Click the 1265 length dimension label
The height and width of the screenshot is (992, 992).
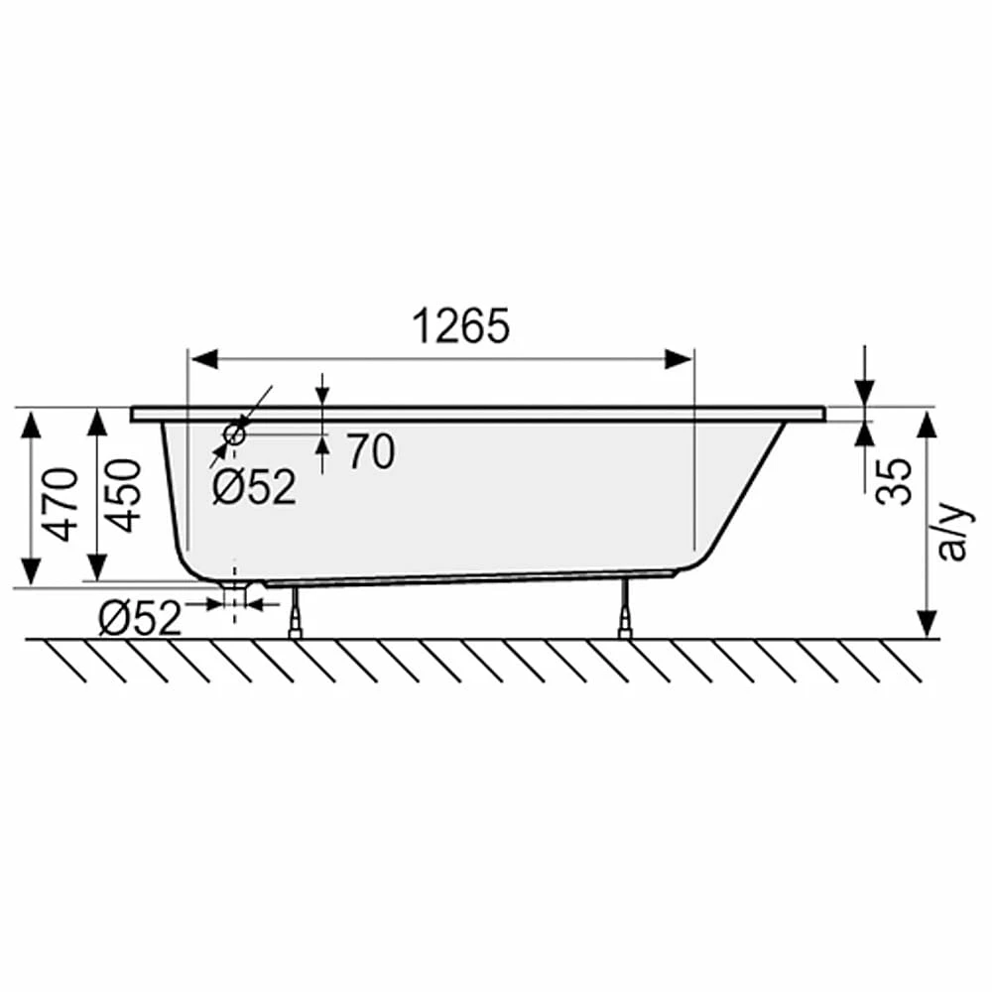[x=460, y=325]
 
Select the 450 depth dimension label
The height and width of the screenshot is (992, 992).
[x=123, y=495]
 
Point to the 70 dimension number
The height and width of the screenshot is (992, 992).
[x=371, y=451]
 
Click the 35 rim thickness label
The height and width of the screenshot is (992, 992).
[x=894, y=481]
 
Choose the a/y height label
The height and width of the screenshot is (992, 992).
[x=951, y=532]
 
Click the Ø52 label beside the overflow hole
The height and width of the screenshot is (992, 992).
[x=254, y=486]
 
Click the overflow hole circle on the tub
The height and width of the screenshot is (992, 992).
[x=234, y=434]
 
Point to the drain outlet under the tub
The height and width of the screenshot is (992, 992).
[x=235, y=594]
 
